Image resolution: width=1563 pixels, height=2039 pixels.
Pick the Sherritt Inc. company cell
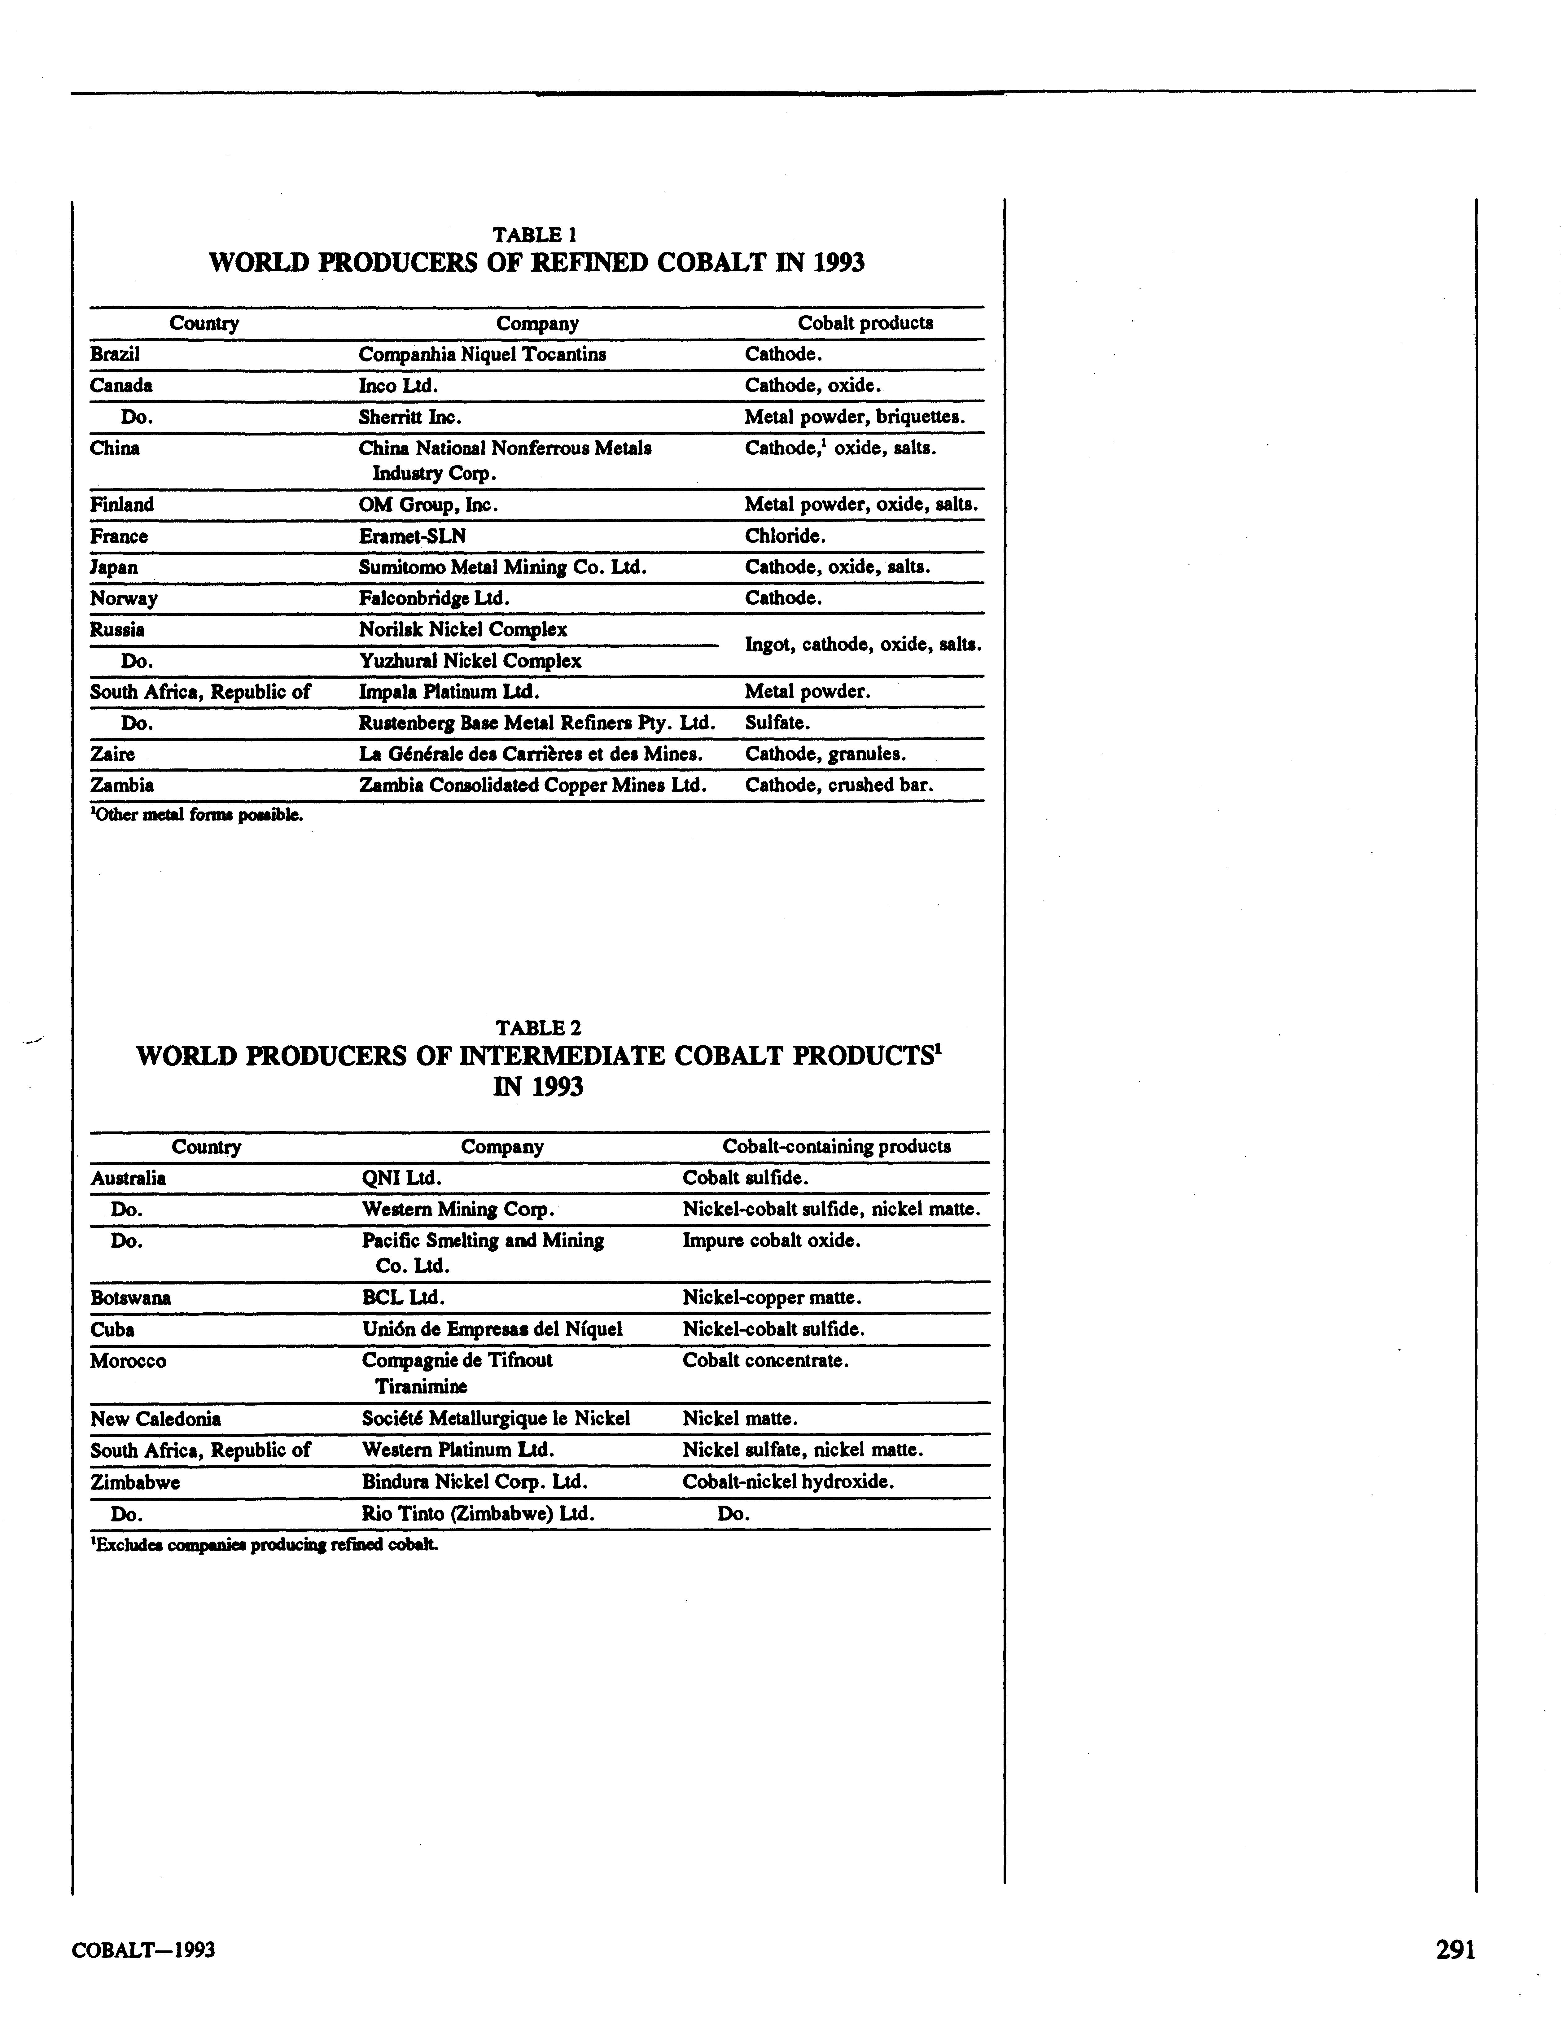point(410,417)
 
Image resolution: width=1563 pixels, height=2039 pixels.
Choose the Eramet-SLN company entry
point(412,536)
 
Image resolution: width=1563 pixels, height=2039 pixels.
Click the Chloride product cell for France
point(785,536)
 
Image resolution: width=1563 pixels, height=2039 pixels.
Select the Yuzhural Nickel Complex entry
point(470,660)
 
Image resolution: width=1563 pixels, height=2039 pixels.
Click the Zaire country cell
point(112,754)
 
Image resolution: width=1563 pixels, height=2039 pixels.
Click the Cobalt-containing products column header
point(836,1146)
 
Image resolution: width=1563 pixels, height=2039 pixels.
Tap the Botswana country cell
point(130,1297)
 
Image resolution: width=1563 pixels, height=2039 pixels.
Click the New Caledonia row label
point(155,1419)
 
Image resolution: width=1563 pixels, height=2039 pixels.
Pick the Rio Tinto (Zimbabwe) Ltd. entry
point(477,1513)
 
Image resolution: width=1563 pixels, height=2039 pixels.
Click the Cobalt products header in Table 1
point(865,323)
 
